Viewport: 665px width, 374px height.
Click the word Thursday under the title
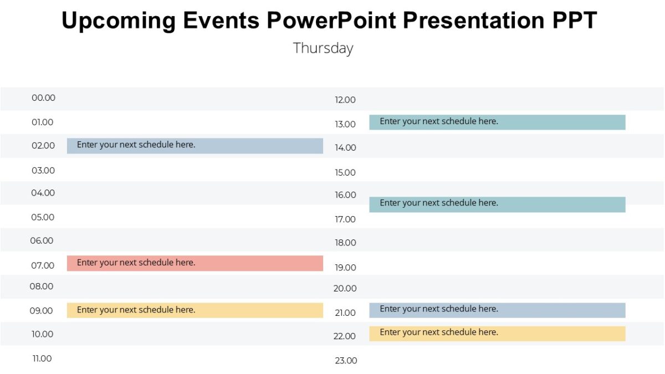[x=323, y=48]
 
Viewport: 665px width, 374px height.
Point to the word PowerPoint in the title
[x=331, y=21]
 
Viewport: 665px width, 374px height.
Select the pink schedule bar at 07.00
[x=195, y=263]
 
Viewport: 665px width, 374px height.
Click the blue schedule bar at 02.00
[x=195, y=146]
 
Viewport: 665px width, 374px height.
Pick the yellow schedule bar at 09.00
[x=195, y=310]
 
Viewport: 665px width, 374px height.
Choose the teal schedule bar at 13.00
[x=497, y=122]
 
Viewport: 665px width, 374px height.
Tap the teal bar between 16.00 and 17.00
[x=497, y=204]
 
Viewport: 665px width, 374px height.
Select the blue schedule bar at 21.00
[x=497, y=310]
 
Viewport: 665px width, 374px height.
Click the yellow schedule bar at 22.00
[x=497, y=333]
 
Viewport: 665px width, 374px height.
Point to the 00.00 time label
[x=43, y=98]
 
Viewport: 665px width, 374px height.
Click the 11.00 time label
[x=42, y=358]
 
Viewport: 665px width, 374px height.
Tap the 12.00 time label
[x=345, y=100]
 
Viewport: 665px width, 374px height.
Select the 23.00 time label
[x=346, y=361]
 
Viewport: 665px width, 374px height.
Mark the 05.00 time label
[x=43, y=217]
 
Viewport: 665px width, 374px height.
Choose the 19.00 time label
[x=345, y=268]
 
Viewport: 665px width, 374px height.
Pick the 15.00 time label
[x=345, y=173]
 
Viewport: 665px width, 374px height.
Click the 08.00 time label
[x=42, y=286]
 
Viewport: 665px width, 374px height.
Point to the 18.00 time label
[x=345, y=243]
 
